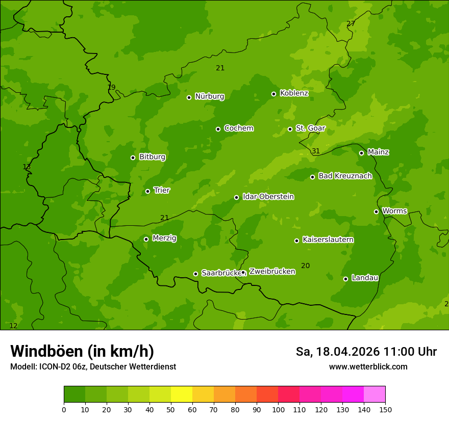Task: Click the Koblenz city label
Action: (x=294, y=93)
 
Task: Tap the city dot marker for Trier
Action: (x=147, y=191)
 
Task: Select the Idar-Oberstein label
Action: (x=268, y=197)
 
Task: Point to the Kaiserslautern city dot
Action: (x=296, y=241)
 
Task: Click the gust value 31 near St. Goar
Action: (x=316, y=151)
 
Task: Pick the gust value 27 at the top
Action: (x=351, y=23)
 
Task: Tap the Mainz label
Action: (x=378, y=152)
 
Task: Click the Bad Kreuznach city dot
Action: (x=312, y=177)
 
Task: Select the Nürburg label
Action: (x=209, y=96)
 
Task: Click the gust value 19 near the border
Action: (x=111, y=87)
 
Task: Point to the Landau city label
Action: (x=365, y=278)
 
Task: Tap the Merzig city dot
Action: (x=146, y=239)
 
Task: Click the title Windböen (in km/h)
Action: (x=82, y=351)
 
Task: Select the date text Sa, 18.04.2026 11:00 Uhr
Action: (x=366, y=352)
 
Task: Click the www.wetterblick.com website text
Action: (x=368, y=366)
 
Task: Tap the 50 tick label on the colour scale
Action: (x=171, y=409)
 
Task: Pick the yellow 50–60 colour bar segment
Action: (x=182, y=394)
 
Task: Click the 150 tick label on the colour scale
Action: (x=385, y=409)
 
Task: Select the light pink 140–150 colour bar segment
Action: (x=375, y=394)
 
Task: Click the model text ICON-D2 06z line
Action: (x=93, y=366)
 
